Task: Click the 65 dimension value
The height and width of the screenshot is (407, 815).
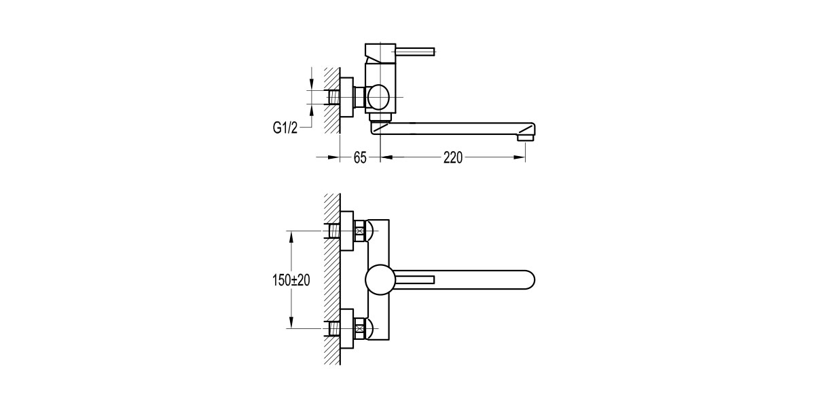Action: coord(360,158)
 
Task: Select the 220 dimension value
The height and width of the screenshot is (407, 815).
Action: coord(452,158)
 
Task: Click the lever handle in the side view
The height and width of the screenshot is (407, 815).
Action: coord(414,50)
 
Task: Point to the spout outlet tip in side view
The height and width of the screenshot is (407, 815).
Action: coord(526,138)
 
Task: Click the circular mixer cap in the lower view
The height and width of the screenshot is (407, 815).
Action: coord(380,280)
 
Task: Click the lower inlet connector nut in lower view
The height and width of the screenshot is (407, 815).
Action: coord(360,330)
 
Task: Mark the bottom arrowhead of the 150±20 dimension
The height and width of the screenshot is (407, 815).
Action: coord(291,325)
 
